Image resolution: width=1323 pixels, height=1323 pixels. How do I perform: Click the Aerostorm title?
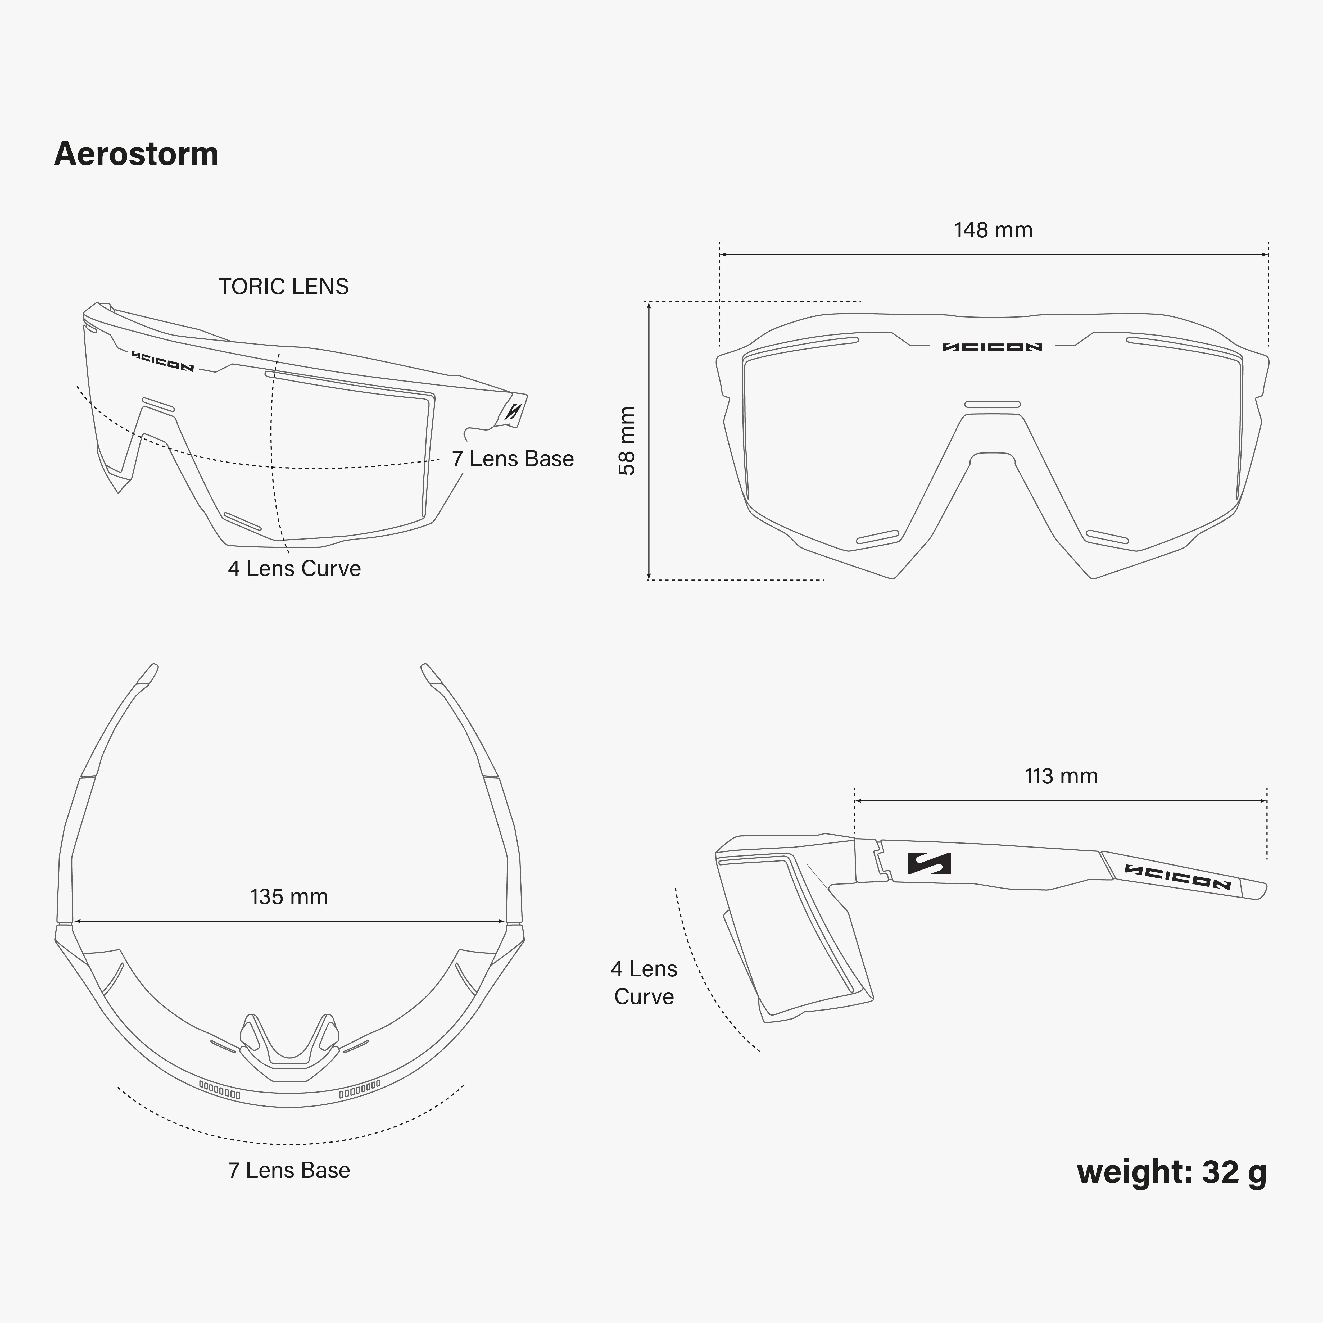tap(136, 154)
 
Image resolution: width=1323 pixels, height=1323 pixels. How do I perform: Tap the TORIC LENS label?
tap(283, 286)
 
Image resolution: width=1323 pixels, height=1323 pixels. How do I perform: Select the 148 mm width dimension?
tap(994, 230)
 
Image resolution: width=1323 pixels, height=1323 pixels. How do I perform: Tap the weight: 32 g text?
tap(1172, 1172)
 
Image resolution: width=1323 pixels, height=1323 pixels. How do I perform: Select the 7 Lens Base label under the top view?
tap(289, 1170)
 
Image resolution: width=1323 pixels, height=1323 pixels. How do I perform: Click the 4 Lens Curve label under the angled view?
tap(294, 568)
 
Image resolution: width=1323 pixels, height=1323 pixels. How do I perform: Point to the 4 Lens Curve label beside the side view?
tap(644, 983)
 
